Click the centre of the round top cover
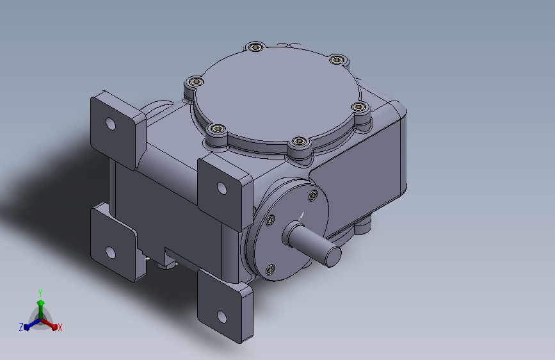[278, 94]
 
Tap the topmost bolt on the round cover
[256, 47]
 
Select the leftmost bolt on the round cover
[195, 82]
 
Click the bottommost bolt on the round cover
[299, 142]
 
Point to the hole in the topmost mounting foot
[111, 124]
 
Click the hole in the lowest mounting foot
[222, 316]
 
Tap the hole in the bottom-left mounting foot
[111, 252]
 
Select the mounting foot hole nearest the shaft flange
[222, 188]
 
